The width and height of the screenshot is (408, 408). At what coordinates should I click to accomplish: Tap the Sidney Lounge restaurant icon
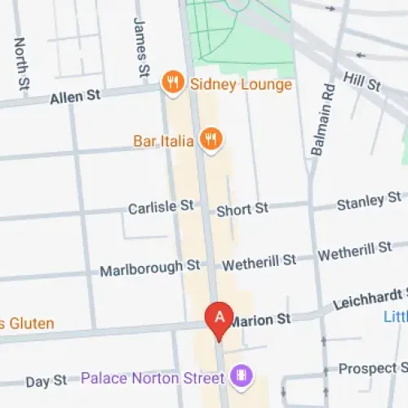click(x=171, y=82)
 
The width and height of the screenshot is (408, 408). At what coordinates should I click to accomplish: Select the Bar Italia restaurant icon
click(x=211, y=140)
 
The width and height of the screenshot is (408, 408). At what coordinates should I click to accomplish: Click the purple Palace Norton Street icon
click(x=241, y=377)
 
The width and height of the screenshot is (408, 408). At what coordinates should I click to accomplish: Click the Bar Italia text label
click(x=163, y=141)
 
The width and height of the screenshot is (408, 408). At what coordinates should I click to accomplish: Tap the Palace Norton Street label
click(x=152, y=379)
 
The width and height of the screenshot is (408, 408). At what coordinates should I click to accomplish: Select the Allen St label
click(x=74, y=96)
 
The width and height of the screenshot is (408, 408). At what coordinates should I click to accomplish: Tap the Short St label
click(x=242, y=209)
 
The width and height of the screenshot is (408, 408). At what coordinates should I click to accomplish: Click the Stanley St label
click(x=369, y=200)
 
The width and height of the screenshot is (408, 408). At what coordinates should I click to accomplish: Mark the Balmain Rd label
click(x=320, y=121)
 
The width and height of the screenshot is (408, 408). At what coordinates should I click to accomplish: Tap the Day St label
click(x=47, y=381)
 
